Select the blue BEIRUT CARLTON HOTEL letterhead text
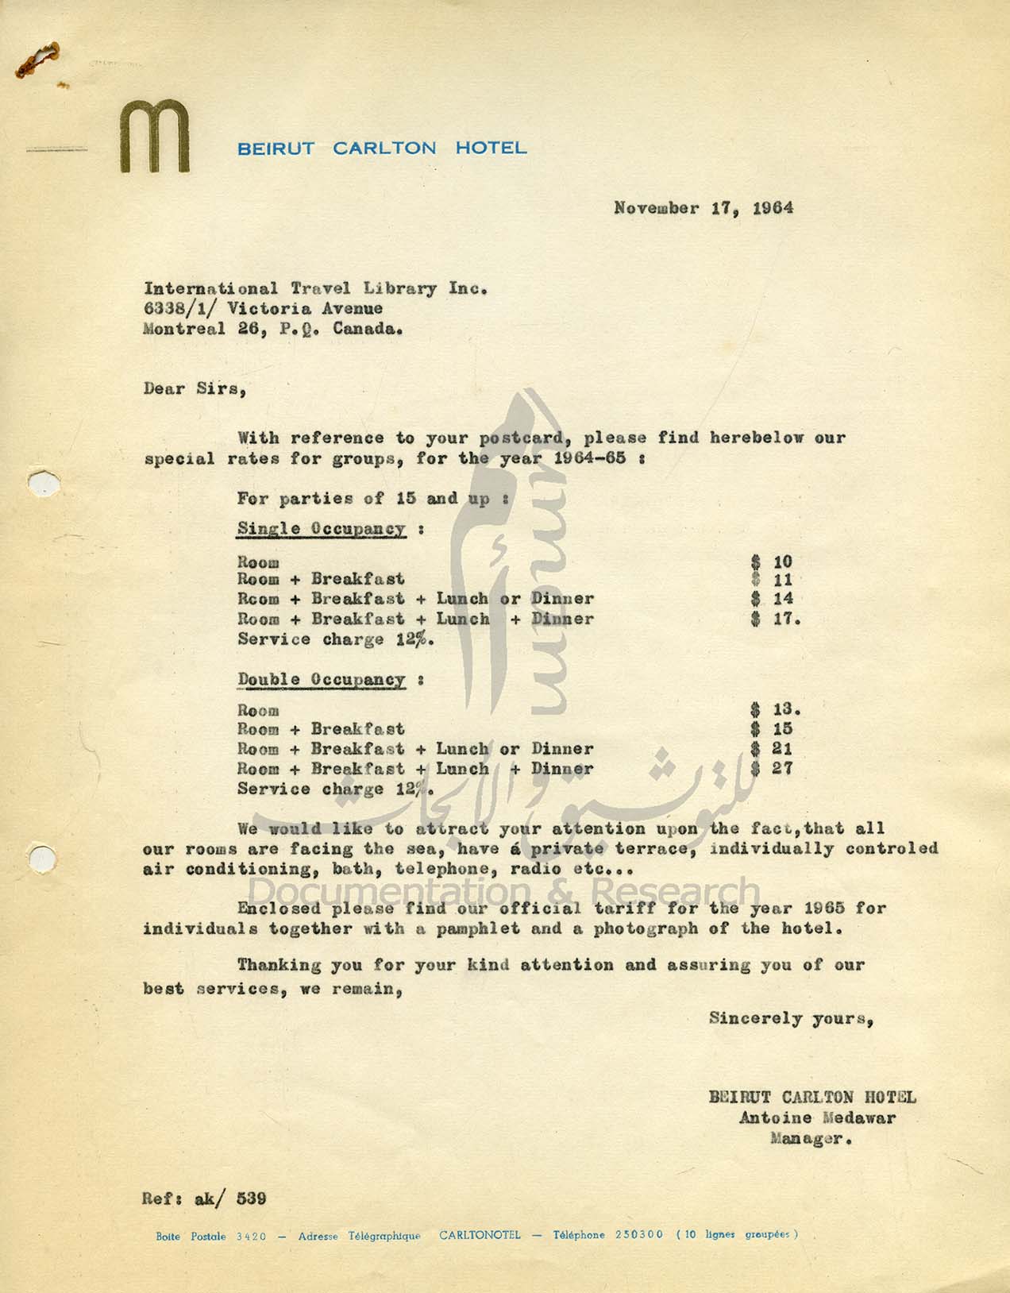tap(382, 149)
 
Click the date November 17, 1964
tap(703, 208)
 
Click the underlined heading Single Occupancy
tap(322, 529)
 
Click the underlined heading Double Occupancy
tap(322, 680)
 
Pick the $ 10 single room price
tap(772, 562)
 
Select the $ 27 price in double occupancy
tap(772, 769)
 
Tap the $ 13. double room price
tap(775, 709)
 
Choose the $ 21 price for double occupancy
tap(772, 749)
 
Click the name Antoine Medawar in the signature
tap(817, 1117)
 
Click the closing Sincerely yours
tap(792, 1018)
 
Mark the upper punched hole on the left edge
tap(44, 483)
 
